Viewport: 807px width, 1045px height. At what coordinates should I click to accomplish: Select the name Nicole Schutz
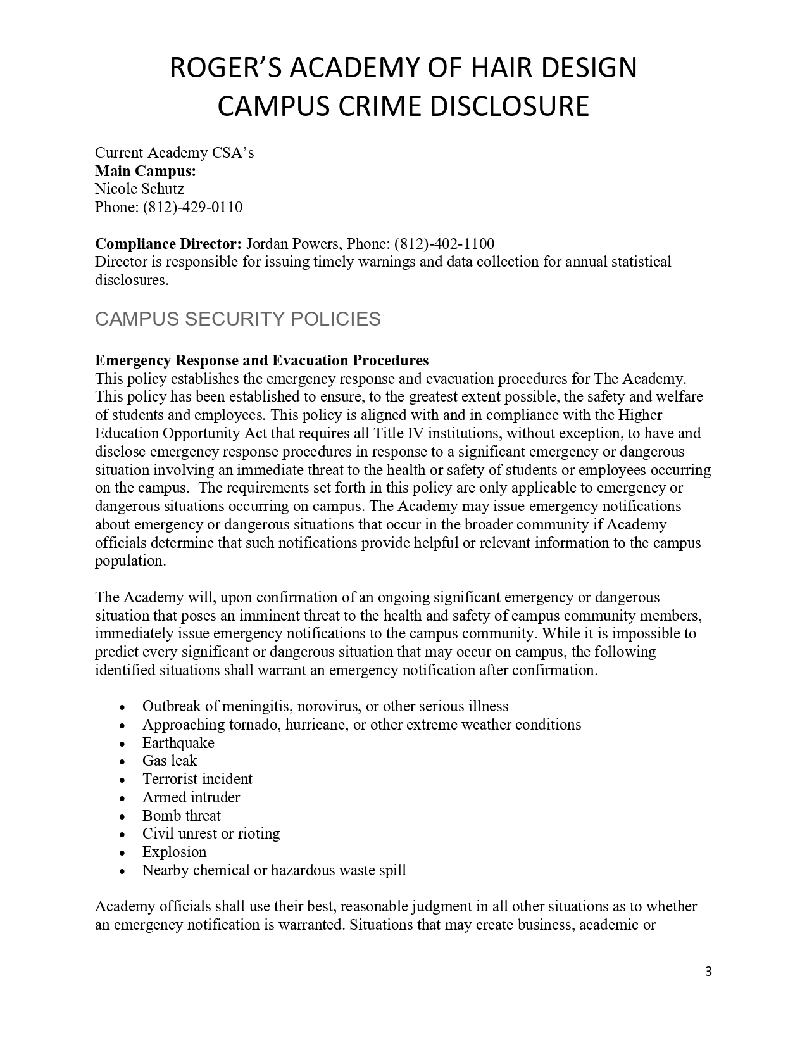pos(139,189)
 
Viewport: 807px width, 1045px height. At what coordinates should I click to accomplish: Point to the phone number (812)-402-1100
pos(444,244)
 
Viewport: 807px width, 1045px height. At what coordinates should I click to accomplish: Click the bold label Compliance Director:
pos(168,244)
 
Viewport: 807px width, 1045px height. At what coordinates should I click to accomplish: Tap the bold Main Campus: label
pos(145,171)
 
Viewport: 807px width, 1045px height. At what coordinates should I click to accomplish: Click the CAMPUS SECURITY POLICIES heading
pos(237,319)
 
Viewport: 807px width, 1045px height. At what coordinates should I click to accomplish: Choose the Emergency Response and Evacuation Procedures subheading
pos(261,360)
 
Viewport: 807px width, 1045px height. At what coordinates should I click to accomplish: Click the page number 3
pos(708,972)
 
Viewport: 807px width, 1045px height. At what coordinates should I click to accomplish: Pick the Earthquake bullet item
pos(178,743)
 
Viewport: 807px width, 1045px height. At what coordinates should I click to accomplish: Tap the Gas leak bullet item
pos(170,761)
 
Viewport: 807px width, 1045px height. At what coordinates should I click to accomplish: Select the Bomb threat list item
pos(182,816)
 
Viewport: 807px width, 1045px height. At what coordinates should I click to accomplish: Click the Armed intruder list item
pos(191,797)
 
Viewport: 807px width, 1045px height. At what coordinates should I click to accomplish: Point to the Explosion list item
pos(175,852)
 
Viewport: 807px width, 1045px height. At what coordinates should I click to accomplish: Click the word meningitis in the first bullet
pos(256,706)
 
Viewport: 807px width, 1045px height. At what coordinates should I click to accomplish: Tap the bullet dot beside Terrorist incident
pos(122,780)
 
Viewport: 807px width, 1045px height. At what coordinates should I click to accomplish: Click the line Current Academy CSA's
pos(174,153)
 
